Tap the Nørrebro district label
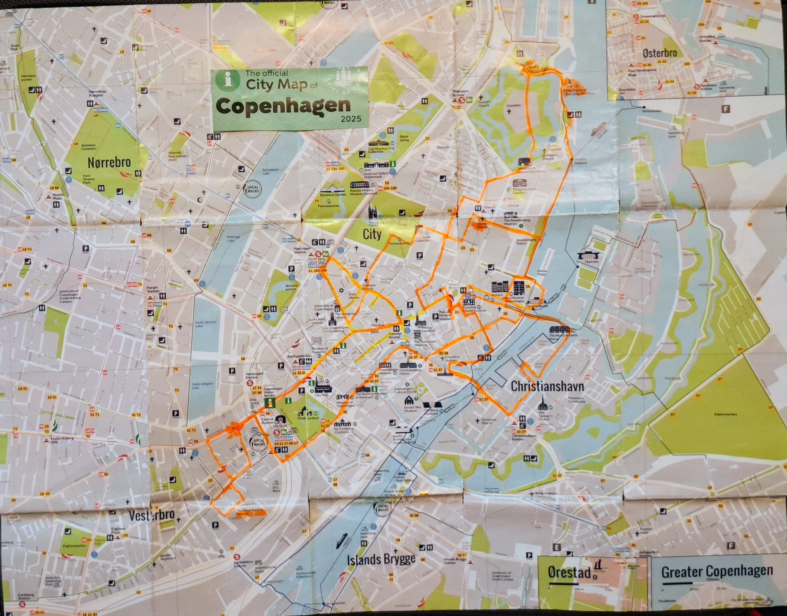109,163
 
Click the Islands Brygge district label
381,559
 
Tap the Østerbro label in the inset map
659,53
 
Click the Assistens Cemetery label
89,147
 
